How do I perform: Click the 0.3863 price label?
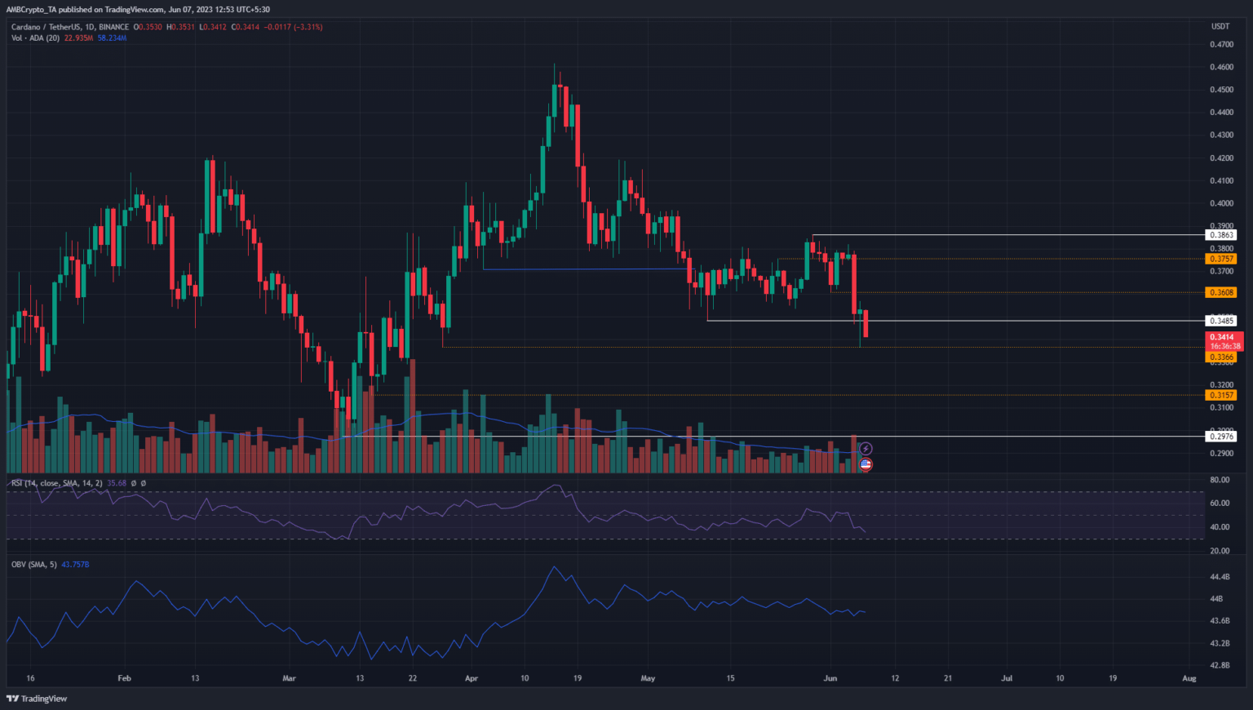coord(1221,235)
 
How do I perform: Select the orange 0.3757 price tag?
coord(1221,259)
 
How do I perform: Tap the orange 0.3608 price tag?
coord(1221,292)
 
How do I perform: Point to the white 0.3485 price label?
coord(1221,321)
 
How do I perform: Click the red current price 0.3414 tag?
coord(1222,337)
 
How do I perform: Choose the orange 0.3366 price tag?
coord(1221,357)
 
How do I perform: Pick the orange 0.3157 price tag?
coord(1221,395)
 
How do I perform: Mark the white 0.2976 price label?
coord(1221,437)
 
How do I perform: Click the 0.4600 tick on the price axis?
coord(1221,67)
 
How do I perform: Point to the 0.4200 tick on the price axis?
coord(1221,158)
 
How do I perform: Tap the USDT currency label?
coord(1220,27)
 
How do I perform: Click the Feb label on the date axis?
coord(124,678)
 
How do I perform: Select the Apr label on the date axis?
coord(471,678)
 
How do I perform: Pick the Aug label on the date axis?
coord(1189,678)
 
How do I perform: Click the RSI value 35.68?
coord(117,483)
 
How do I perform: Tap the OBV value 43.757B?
coord(75,565)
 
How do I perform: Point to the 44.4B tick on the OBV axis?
coord(1220,577)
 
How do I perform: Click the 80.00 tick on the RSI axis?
coord(1220,480)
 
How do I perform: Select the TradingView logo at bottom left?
coord(37,699)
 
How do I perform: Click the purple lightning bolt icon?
coord(866,449)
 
